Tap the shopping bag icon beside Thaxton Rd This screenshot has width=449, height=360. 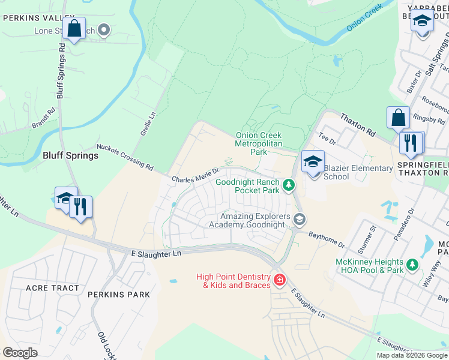[398, 118]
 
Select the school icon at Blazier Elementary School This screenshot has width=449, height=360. [313, 163]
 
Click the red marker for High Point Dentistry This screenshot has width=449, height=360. [279, 280]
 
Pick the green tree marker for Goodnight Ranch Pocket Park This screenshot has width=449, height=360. [289, 185]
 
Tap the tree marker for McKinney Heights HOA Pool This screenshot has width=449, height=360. [412, 264]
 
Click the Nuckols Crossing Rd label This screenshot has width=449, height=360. [125, 158]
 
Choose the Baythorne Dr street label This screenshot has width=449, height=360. [327, 240]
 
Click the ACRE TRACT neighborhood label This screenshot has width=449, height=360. [52, 288]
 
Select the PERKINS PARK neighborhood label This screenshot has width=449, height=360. [117, 295]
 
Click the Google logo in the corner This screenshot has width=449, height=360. [20, 353]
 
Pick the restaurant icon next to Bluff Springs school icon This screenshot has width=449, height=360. [80, 207]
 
